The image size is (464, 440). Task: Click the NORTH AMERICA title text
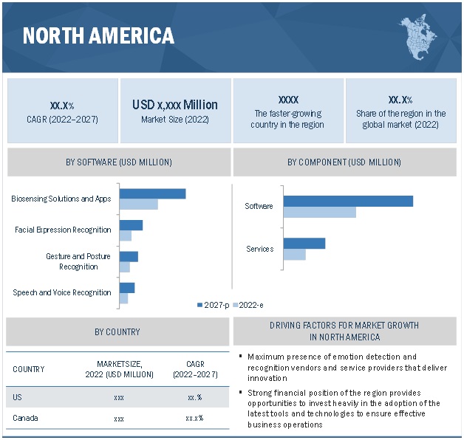coord(98,35)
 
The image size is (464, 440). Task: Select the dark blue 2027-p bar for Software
coord(347,201)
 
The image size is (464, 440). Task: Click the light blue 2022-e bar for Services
coord(294,255)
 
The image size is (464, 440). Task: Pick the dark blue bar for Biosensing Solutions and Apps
coord(152,193)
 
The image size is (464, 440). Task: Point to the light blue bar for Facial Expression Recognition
coord(126,236)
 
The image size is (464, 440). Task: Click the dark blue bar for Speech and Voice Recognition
coord(127,288)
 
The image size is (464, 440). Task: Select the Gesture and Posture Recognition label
coord(78,261)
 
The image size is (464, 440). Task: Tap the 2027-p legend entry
coord(213,305)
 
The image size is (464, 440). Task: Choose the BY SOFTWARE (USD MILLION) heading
coord(119,162)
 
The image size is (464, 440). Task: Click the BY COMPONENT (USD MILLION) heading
coord(344,162)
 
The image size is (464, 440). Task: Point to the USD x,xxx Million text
coord(175,105)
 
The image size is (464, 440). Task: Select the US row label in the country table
coord(18,397)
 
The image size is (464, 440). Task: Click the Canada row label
coord(25,419)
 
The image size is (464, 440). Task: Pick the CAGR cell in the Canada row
coord(195,419)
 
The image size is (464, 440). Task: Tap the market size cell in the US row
coord(119,397)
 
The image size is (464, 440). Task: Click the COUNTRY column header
coord(29,369)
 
